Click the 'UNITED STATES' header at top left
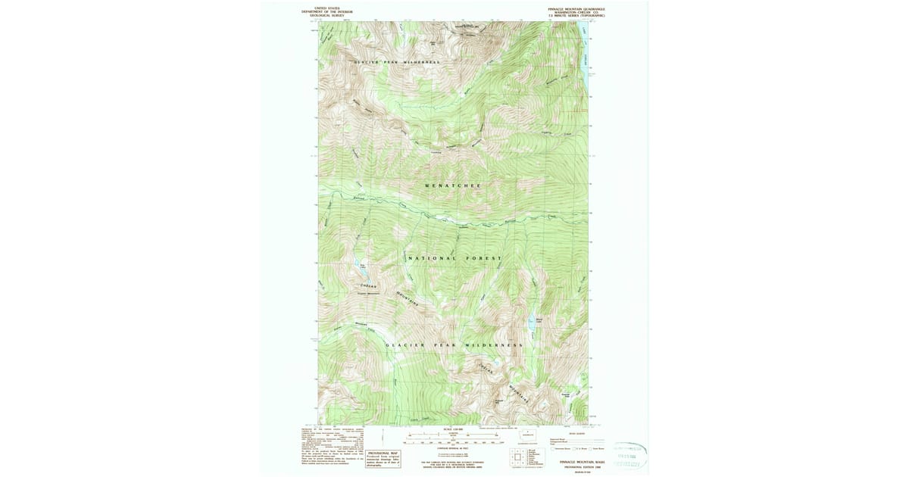(x=327, y=8)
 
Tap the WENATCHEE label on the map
(x=453, y=185)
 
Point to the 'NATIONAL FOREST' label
(x=454, y=259)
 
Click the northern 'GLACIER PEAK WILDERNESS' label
(x=397, y=61)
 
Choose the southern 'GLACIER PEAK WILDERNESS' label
(x=454, y=345)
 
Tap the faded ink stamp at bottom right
(x=630, y=456)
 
